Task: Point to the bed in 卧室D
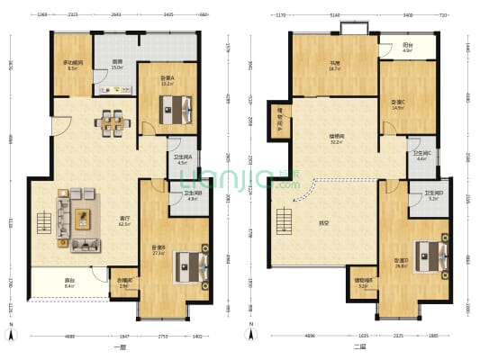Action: [430, 255]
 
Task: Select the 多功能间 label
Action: [73, 65]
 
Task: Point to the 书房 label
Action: [334, 65]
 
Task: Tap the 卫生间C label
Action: [421, 156]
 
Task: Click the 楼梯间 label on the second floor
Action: [334, 139]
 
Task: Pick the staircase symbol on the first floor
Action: [42, 221]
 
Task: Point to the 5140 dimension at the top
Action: [335, 15]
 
